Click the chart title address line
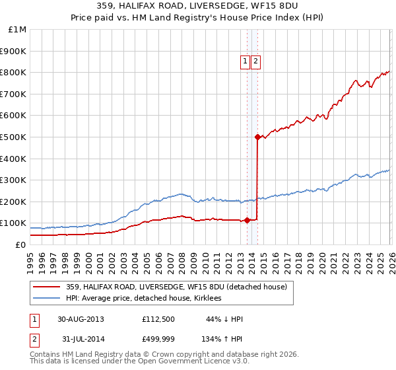[x=198, y=7]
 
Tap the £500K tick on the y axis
[x=13, y=137]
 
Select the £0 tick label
[x=20, y=244]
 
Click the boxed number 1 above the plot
[x=245, y=61]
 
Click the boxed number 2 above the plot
[x=255, y=61]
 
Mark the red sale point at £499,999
[x=257, y=137]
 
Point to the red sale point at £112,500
[x=247, y=220]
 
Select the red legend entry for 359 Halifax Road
[x=176, y=287]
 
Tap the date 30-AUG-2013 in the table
[x=81, y=319]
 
